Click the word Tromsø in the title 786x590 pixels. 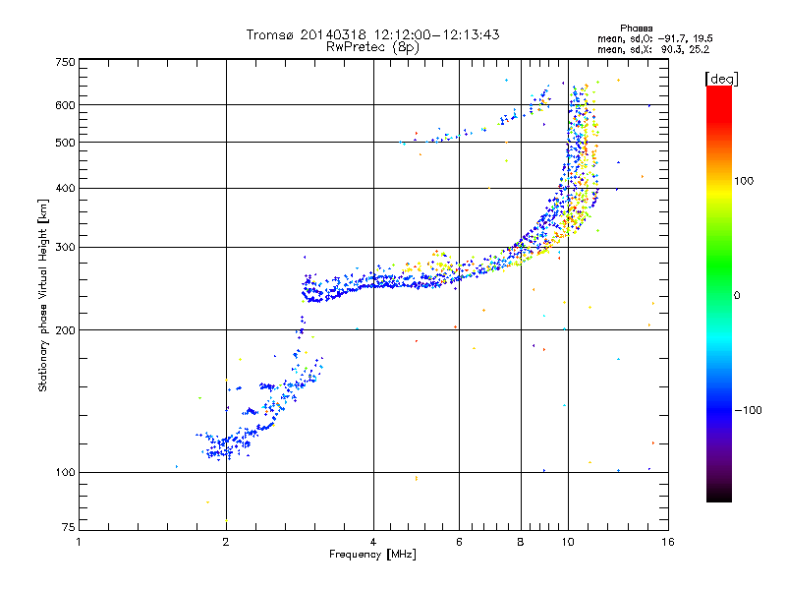pos(269,34)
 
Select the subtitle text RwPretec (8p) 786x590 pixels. pos(372,47)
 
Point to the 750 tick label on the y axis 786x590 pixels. pos(65,62)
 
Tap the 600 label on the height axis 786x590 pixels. pos(65,105)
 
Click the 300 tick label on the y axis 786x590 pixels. pos(65,248)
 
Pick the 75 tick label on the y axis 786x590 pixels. pos(68,527)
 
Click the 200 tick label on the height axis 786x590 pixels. pos(65,330)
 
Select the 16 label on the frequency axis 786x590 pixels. pos(668,542)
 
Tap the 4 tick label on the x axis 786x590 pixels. pos(373,542)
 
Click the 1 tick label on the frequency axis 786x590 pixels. pos(79,542)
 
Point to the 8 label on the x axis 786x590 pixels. pos(521,542)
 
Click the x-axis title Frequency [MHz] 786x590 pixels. pos(372,555)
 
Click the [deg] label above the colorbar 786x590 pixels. pos(721,79)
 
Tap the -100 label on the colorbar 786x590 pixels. pos(748,410)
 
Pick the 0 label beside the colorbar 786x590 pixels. pos(737,296)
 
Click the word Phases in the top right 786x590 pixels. pos(636,29)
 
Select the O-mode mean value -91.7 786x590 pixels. pos(672,38)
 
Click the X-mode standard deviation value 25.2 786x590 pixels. pos(699,49)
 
